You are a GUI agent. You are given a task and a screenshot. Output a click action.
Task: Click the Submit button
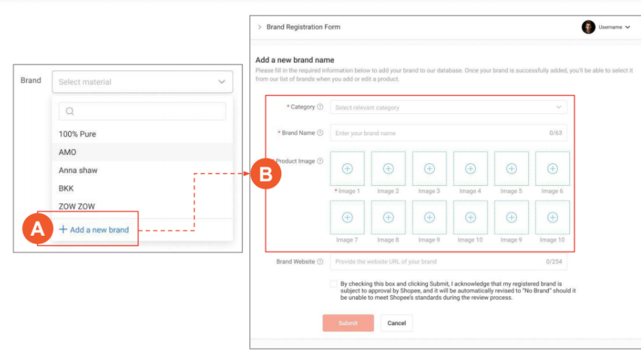(348, 323)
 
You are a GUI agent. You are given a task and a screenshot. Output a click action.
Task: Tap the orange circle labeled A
(38, 229)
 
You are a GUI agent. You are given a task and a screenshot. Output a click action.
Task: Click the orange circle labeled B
(266, 174)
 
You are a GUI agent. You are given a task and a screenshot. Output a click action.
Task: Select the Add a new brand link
(94, 230)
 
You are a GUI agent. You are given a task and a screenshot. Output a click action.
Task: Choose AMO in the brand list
(68, 152)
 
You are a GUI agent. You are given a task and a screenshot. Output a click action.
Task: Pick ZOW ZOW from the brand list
(77, 206)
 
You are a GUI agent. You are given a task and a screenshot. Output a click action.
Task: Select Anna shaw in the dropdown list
(78, 170)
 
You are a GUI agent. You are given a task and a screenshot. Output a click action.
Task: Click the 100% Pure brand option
(77, 134)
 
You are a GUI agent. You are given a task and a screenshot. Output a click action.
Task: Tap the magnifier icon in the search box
(70, 111)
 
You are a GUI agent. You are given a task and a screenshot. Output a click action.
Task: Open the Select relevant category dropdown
(448, 107)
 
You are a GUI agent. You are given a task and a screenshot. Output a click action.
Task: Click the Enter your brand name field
(448, 133)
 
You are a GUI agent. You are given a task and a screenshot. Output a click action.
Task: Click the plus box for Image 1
(347, 169)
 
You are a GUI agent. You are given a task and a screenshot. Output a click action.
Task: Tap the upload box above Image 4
(470, 169)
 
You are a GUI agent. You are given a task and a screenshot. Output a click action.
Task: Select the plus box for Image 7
(347, 217)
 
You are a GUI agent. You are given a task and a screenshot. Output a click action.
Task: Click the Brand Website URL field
(448, 262)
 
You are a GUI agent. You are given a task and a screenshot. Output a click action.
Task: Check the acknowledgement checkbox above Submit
(334, 283)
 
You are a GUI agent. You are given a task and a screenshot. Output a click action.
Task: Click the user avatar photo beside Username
(588, 27)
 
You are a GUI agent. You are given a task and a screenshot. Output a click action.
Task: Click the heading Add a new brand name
(295, 59)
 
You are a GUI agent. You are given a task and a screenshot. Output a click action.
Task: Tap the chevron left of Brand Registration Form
(259, 27)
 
